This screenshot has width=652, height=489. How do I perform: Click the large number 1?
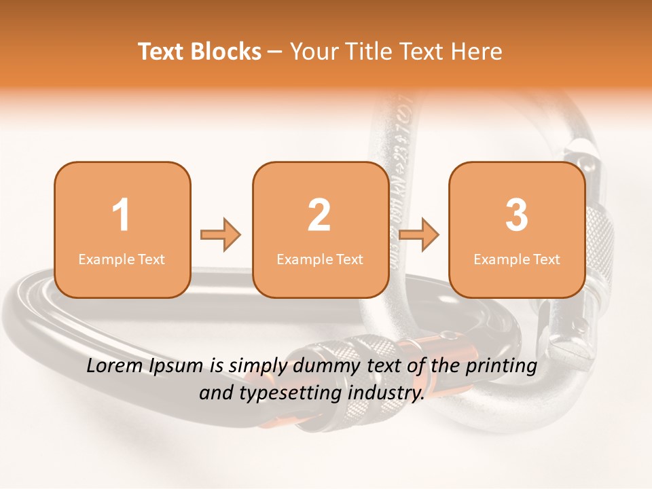[x=121, y=215]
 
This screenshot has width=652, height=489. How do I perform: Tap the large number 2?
[x=319, y=215]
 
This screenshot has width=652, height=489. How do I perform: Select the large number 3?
[x=517, y=215]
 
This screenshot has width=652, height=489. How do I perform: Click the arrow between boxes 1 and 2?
[x=221, y=235]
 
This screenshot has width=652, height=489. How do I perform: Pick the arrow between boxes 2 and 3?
[x=419, y=235]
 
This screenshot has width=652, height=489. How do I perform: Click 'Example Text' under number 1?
[x=122, y=259]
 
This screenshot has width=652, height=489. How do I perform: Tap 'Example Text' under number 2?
[x=320, y=259]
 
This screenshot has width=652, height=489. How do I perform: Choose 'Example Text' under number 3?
[x=517, y=259]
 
